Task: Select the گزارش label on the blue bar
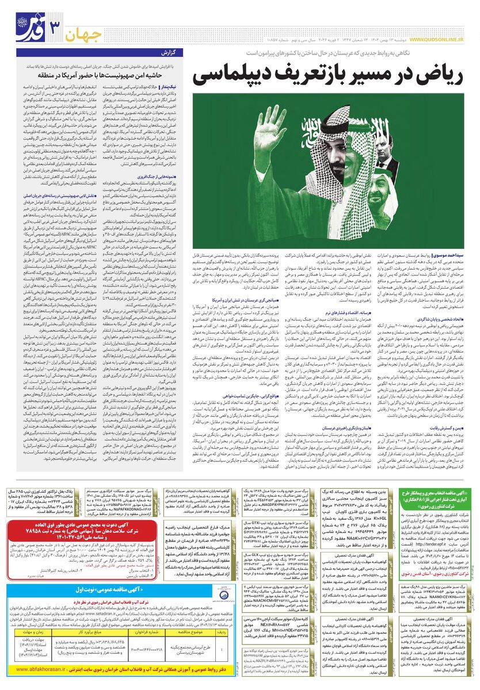coord(173,53)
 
